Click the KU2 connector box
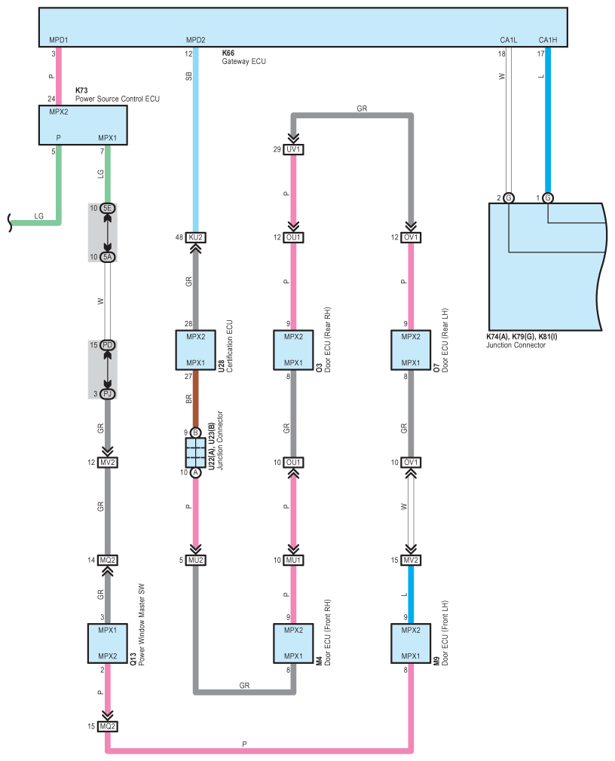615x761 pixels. pos(196,237)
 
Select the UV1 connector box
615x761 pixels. pos(293,149)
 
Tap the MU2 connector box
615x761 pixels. pos(196,560)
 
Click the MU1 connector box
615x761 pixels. pos(293,560)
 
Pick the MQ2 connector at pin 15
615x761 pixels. pos(108,726)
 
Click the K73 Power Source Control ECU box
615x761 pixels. pos(83,125)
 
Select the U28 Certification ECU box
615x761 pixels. pos(196,350)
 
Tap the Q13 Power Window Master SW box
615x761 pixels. pos(108,643)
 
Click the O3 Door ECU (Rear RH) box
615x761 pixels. pos(293,350)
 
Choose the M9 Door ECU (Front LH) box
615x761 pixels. pos(411,643)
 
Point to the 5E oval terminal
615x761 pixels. pos(108,208)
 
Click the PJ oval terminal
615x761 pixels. pos(108,393)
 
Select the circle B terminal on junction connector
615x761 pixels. pos(196,433)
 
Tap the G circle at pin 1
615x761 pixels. pos(548,198)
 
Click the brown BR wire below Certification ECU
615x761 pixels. pos(196,399)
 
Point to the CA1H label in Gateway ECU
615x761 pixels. pos(548,40)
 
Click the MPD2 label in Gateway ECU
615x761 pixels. pos(196,40)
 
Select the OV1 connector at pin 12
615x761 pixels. pos(411,237)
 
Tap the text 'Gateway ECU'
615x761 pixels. pos(244,62)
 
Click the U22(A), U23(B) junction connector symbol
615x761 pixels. pos(196,453)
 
